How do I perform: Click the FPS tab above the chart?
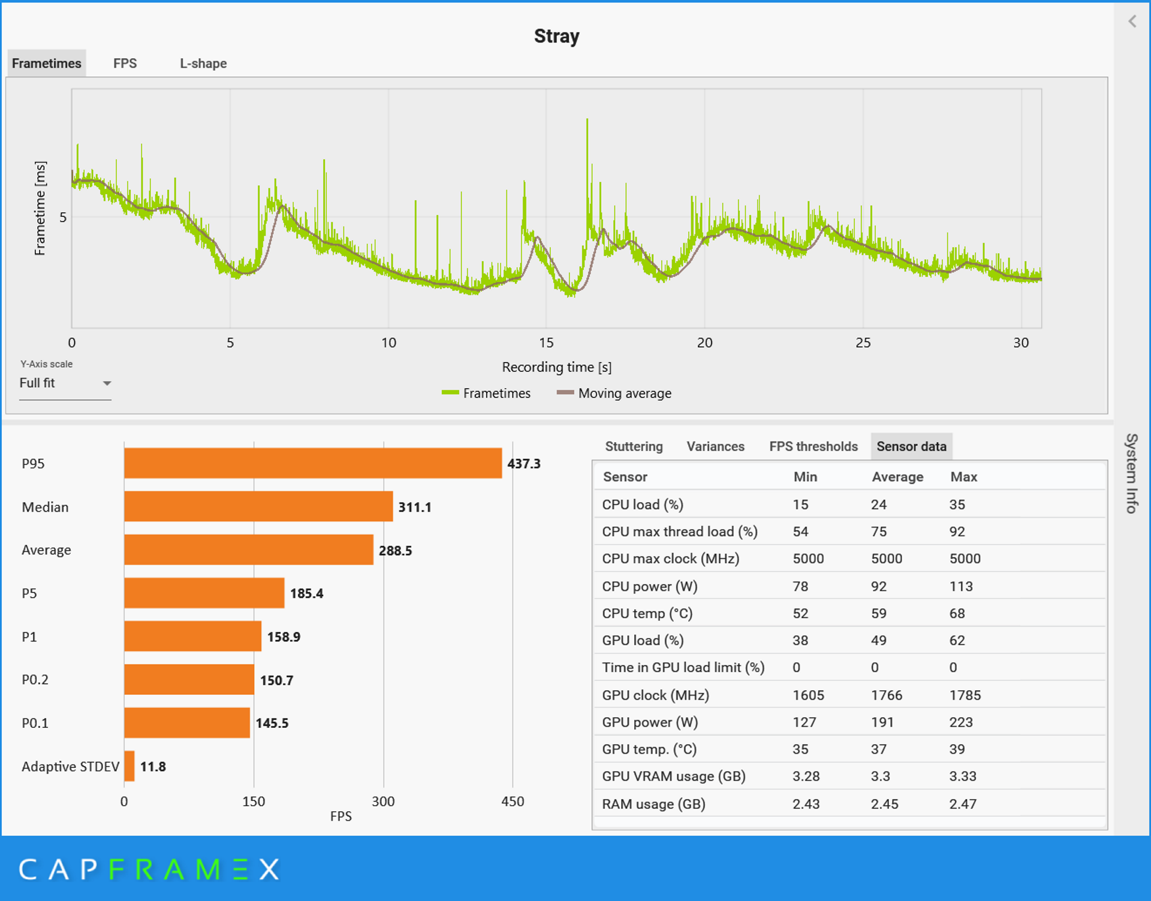125,64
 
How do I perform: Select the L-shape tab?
203,64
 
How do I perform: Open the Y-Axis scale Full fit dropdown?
65,383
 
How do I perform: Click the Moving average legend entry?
614,394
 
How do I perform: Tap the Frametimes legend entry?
486,394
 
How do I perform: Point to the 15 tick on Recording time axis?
546,343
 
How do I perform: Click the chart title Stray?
556,37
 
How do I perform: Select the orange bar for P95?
312,463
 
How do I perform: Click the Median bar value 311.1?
415,507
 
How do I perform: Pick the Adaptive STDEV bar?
129,766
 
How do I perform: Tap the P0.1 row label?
35,723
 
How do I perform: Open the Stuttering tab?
634,446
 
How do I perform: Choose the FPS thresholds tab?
813,446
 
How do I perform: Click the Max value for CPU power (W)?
961,586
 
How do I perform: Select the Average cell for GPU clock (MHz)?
886,695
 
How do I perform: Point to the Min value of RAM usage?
806,804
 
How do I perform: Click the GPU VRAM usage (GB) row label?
674,776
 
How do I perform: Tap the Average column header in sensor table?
897,477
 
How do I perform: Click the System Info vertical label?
1131,473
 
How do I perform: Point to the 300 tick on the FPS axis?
383,802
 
